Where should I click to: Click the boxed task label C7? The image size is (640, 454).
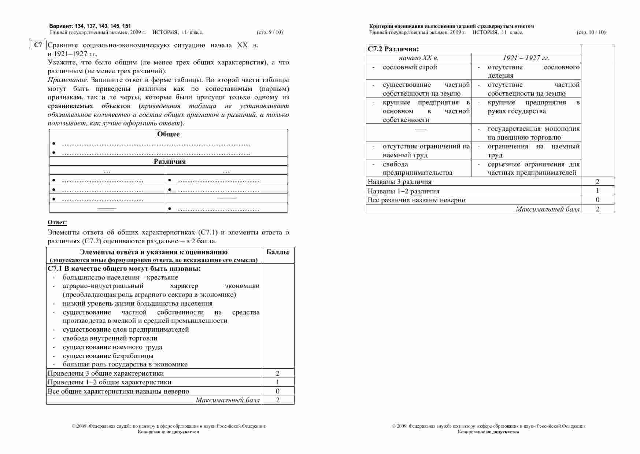[x=38, y=45]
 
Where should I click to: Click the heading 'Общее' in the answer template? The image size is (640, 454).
[x=168, y=134]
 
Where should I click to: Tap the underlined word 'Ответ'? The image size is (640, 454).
[x=57, y=222]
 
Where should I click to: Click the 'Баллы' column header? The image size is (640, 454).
[x=277, y=252]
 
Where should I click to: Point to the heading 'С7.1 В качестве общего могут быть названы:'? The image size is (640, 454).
[x=124, y=269]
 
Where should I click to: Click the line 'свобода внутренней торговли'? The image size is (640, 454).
[x=110, y=338]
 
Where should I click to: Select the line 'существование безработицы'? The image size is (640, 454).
[x=108, y=356]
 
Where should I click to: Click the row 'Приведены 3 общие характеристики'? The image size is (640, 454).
[x=106, y=373]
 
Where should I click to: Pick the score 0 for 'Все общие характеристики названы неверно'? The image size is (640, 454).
[x=277, y=391]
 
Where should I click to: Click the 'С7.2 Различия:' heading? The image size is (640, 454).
[x=393, y=49]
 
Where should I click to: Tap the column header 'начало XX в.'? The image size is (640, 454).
[x=418, y=58]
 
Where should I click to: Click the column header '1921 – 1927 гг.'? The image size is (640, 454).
[x=526, y=58]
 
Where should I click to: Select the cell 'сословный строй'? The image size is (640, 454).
[x=410, y=67]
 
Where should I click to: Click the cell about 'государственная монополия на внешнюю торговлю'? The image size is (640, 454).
[x=533, y=133]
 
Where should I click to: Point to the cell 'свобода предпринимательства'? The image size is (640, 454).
[x=417, y=169]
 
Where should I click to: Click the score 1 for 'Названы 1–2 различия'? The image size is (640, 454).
[x=598, y=191]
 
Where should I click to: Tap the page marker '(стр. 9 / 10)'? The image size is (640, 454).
[x=270, y=32]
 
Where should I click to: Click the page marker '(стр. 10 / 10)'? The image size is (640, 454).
[x=591, y=32]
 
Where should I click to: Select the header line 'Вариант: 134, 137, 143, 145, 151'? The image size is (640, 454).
[x=90, y=26]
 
